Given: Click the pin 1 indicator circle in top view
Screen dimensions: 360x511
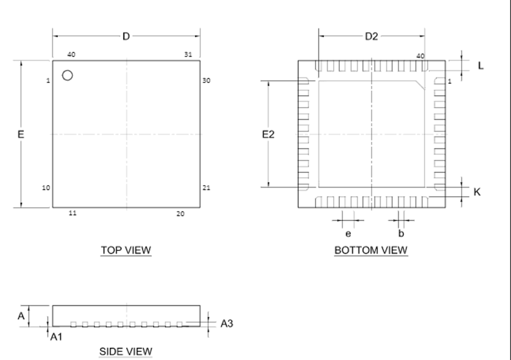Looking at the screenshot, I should click(68, 75).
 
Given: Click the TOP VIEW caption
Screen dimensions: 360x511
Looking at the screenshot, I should click(125, 250).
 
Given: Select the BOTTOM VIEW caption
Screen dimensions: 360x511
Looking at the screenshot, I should click(371, 250).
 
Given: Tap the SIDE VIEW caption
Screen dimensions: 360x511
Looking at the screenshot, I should click(125, 351).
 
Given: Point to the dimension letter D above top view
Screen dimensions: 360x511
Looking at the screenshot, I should click(126, 37).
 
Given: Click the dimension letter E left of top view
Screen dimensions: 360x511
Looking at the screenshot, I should click(21, 134).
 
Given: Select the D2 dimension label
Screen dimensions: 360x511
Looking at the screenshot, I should click(372, 37).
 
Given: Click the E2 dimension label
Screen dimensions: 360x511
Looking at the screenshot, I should click(268, 134).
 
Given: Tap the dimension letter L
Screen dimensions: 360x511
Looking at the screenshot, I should click(481, 66).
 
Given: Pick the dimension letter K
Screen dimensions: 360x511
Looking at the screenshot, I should click(477, 192).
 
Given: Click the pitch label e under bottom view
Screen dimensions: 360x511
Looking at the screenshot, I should click(348, 233).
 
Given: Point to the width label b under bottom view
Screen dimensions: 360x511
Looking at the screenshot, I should click(401, 233).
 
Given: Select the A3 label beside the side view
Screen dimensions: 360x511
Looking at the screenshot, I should click(227, 323).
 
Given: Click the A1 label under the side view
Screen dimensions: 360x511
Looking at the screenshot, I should click(56, 336).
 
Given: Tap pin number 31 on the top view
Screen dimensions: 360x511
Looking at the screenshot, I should click(188, 54).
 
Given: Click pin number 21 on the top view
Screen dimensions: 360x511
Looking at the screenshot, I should click(206, 188).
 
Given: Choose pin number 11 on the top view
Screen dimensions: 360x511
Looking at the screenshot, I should click(72, 213).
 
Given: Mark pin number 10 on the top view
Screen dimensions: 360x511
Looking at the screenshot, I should click(46, 188).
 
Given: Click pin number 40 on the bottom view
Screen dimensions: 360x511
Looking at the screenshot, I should click(420, 55).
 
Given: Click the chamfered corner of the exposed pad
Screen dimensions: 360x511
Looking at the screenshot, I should click(420, 85).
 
